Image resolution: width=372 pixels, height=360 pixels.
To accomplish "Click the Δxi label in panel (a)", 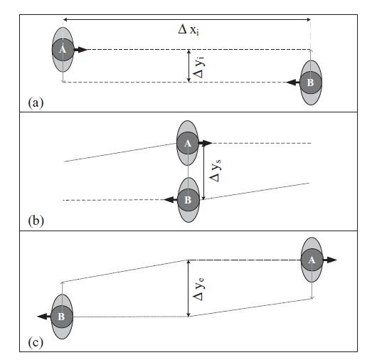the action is pyautogui.click(x=188, y=30).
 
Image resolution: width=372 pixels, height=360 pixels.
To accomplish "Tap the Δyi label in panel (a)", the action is pyautogui.click(x=198, y=67).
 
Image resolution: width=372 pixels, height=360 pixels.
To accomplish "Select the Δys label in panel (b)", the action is pyautogui.click(x=216, y=170).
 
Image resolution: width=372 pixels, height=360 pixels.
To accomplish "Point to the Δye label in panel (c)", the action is pyautogui.click(x=198, y=289).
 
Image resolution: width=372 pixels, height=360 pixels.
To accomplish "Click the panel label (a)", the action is pyautogui.click(x=36, y=102).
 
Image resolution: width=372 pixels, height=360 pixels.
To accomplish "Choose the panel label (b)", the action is pyautogui.click(x=36, y=221).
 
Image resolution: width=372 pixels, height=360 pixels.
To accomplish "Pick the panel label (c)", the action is pyautogui.click(x=36, y=342).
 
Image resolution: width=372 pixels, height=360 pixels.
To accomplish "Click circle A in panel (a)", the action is pyautogui.click(x=63, y=50).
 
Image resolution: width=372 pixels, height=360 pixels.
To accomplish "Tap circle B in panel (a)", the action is pyautogui.click(x=311, y=83).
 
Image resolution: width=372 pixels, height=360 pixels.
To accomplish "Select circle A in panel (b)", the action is pyautogui.click(x=188, y=143).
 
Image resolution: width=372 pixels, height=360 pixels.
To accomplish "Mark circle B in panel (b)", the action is pyautogui.click(x=188, y=200).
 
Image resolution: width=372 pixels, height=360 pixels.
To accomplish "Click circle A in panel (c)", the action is pyautogui.click(x=312, y=260).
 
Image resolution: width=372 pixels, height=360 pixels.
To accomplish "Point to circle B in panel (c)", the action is pyautogui.click(x=62, y=317).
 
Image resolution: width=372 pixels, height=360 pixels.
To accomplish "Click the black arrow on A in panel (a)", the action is pyautogui.click(x=80, y=50).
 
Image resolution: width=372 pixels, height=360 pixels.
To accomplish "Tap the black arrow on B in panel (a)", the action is pyautogui.click(x=293, y=83).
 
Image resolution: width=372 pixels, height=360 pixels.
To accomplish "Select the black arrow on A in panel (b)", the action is pyautogui.click(x=206, y=143).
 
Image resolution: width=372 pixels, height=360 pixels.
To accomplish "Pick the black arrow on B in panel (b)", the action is pyautogui.click(x=170, y=200).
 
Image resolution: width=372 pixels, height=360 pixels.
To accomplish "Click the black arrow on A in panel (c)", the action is pyautogui.click(x=330, y=260).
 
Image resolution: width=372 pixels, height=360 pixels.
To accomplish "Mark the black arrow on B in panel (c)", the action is pyautogui.click(x=44, y=317).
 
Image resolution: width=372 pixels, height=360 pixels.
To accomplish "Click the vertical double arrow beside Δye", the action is pyautogui.click(x=188, y=288).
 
